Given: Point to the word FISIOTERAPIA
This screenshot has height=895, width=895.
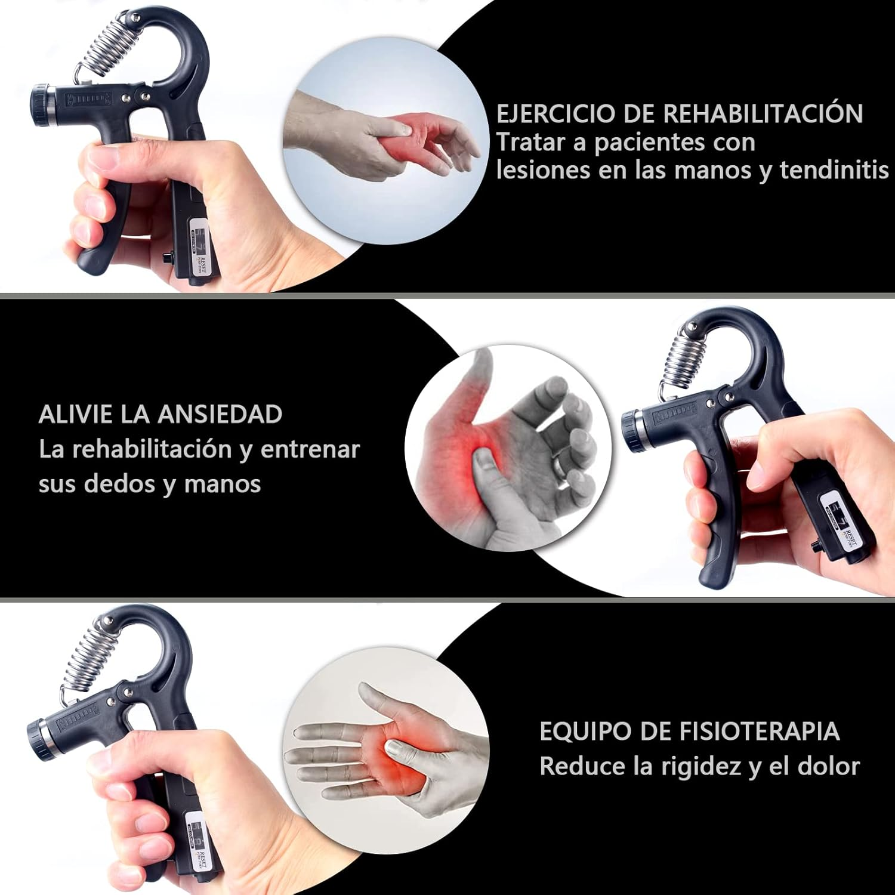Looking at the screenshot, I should [759, 732].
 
